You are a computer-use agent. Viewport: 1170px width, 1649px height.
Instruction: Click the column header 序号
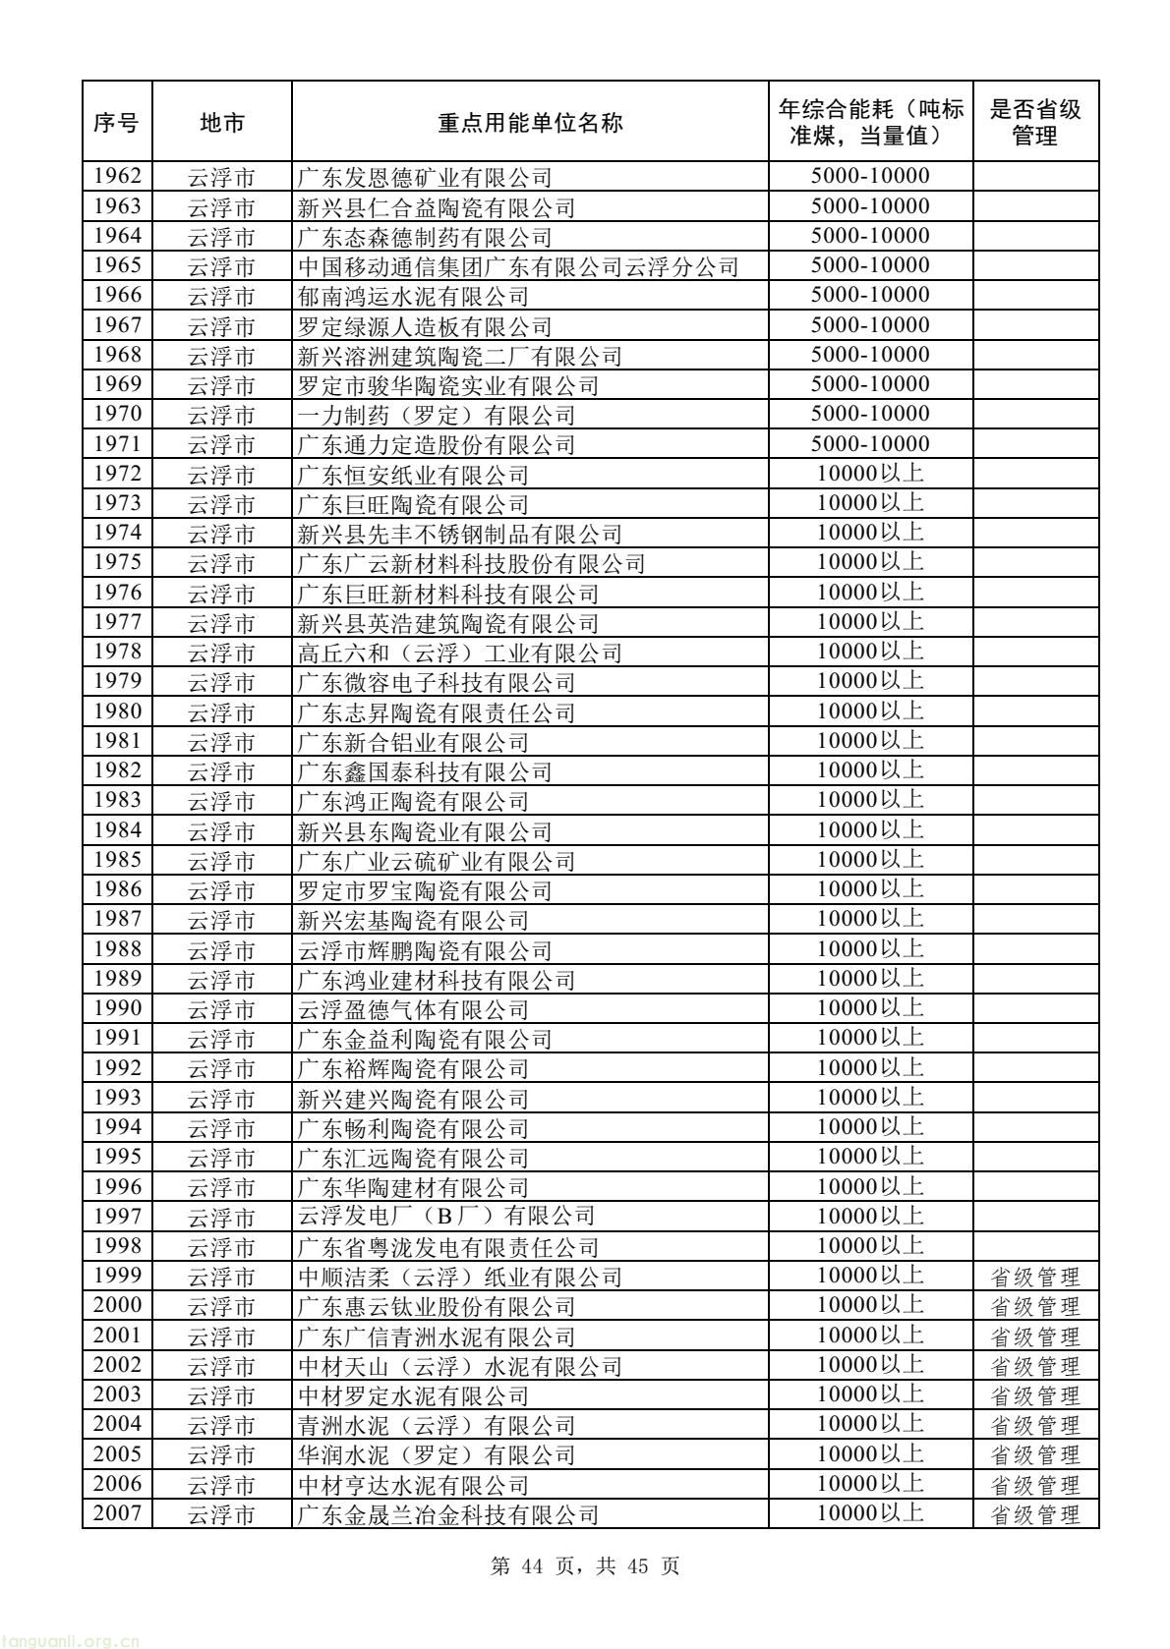[x=117, y=122]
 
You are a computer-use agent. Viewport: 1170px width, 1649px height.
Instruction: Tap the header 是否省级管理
[x=1035, y=122]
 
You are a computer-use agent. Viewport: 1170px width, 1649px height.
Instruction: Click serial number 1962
[x=117, y=177]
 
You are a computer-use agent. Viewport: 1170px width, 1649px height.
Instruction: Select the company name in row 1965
[x=518, y=266]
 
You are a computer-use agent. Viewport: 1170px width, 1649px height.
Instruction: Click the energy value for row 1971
[x=870, y=444]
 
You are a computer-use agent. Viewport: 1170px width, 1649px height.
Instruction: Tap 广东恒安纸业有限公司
[x=413, y=475]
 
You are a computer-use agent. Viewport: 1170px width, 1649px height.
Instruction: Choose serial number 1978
[x=117, y=652]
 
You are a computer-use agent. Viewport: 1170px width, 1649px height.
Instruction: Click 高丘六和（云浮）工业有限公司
[x=460, y=653]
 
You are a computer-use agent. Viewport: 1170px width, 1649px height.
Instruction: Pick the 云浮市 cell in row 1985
[x=221, y=860]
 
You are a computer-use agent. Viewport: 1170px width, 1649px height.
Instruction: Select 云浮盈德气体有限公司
[x=413, y=1009]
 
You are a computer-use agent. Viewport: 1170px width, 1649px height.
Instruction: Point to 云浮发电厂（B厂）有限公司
[x=446, y=1217]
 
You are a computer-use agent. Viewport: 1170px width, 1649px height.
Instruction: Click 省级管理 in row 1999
[x=1034, y=1277]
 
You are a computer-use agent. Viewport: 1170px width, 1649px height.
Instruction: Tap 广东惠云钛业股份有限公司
[x=437, y=1306]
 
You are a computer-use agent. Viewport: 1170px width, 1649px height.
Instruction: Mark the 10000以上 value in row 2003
[x=870, y=1394]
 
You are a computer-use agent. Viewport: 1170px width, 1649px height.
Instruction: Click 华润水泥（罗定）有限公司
[x=437, y=1454]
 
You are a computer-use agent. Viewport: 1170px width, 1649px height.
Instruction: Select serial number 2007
[x=117, y=1513]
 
